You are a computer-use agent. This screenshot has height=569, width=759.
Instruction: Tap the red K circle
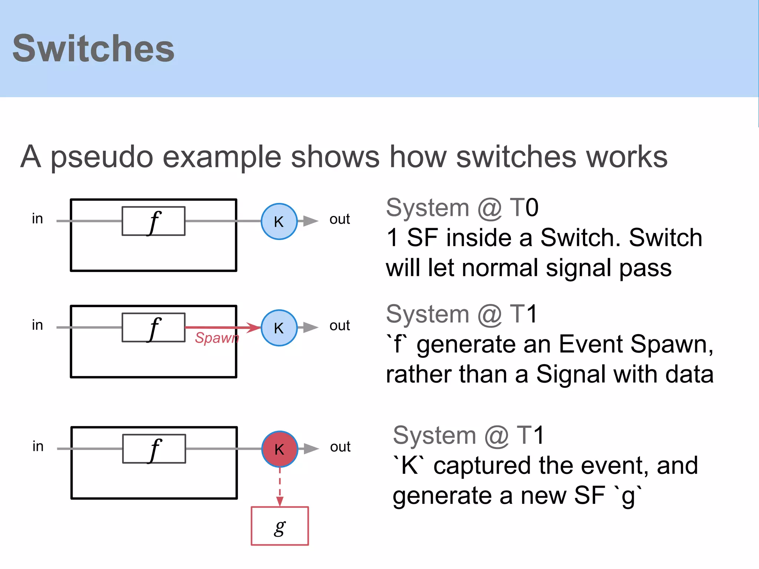click(279, 449)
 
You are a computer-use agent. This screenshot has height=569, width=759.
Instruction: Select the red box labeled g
click(280, 526)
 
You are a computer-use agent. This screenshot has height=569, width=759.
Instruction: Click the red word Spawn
click(217, 338)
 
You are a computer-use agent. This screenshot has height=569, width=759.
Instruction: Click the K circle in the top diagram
click(279, 222)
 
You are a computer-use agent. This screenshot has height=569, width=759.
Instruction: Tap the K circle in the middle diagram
click(279, 328)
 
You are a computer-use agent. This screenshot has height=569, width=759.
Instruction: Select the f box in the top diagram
click(153, 221)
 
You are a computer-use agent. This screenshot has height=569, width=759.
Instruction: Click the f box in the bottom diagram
click(154, 449)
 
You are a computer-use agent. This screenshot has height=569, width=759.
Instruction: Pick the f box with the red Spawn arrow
click(153, 327)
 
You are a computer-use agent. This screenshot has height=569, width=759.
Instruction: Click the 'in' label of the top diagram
click(37, 219)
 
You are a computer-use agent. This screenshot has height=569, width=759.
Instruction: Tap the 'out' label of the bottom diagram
click(340, 447)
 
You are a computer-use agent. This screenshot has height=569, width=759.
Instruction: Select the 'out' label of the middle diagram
click(339, 325)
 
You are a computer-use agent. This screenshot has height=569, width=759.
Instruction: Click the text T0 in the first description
click(524, 207)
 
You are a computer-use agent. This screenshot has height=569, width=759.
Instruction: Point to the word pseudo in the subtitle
click(102, 157)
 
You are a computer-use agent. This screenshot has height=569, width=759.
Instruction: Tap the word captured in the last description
click(483, 466)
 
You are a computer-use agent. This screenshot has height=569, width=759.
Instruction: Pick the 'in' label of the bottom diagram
click(38, 446)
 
